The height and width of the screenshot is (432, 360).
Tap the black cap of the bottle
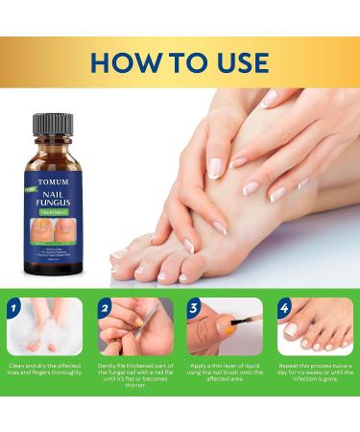[53, 126]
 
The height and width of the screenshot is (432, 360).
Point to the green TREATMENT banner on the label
[57, 201]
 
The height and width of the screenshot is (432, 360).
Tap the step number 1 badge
[13, 309]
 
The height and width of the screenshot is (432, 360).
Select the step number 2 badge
[104, 309]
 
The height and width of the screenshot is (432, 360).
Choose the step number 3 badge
[193, 309]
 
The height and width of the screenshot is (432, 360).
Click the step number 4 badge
[284, 309]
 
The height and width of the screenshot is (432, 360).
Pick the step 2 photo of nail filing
[135, 328]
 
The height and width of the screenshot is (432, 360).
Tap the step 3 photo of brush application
[226, 328]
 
